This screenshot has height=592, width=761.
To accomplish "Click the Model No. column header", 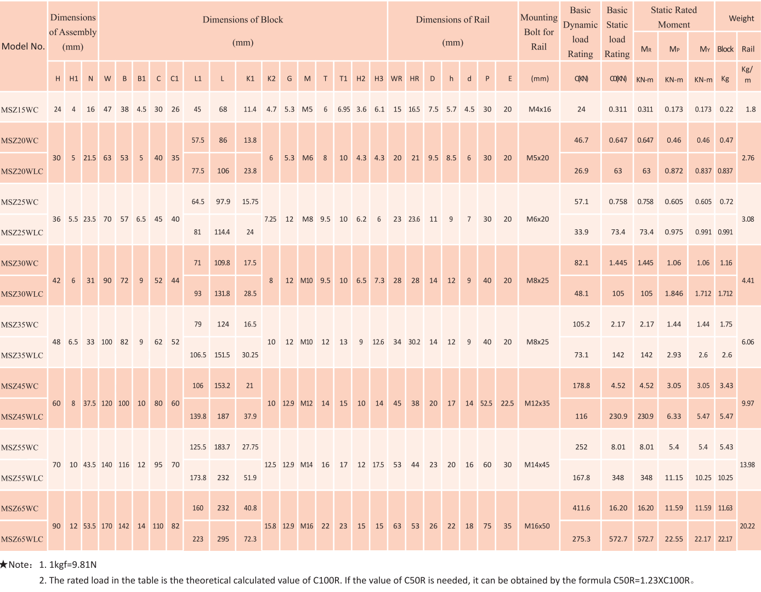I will pos(23,46).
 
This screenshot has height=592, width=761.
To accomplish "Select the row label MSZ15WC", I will pos(20,110).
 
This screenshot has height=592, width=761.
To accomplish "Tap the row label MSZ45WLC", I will pos(22,417).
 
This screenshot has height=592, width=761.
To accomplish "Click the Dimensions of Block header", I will pos(243,20).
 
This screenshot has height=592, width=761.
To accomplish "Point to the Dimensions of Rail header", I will pos(452,20).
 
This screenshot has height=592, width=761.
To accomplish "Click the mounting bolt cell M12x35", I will pos(537,403).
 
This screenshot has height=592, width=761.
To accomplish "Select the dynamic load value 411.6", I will pos(581,508).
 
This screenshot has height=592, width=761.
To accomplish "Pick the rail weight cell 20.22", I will pos(747,526).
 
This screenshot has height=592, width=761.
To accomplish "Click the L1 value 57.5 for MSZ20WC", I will pos(198,140).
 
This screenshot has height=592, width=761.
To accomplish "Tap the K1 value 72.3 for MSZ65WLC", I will pos(250,539).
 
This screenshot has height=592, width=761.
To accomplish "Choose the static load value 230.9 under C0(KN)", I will pos(618,416).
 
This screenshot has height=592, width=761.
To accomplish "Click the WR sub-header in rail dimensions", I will pos(396,78).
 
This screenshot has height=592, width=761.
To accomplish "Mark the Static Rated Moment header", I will pos(674,17).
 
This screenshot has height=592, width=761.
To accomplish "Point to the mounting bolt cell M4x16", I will pos(539,109).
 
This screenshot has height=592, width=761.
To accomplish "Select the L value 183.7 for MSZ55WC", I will pos(222,447).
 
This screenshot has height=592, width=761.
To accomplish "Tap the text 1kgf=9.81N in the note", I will pos(73,565).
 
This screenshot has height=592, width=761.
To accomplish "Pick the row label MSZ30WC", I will pos(20,263).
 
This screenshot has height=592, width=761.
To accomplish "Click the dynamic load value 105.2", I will pos(581,324).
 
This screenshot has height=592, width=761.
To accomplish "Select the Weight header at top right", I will pos(741,18).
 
